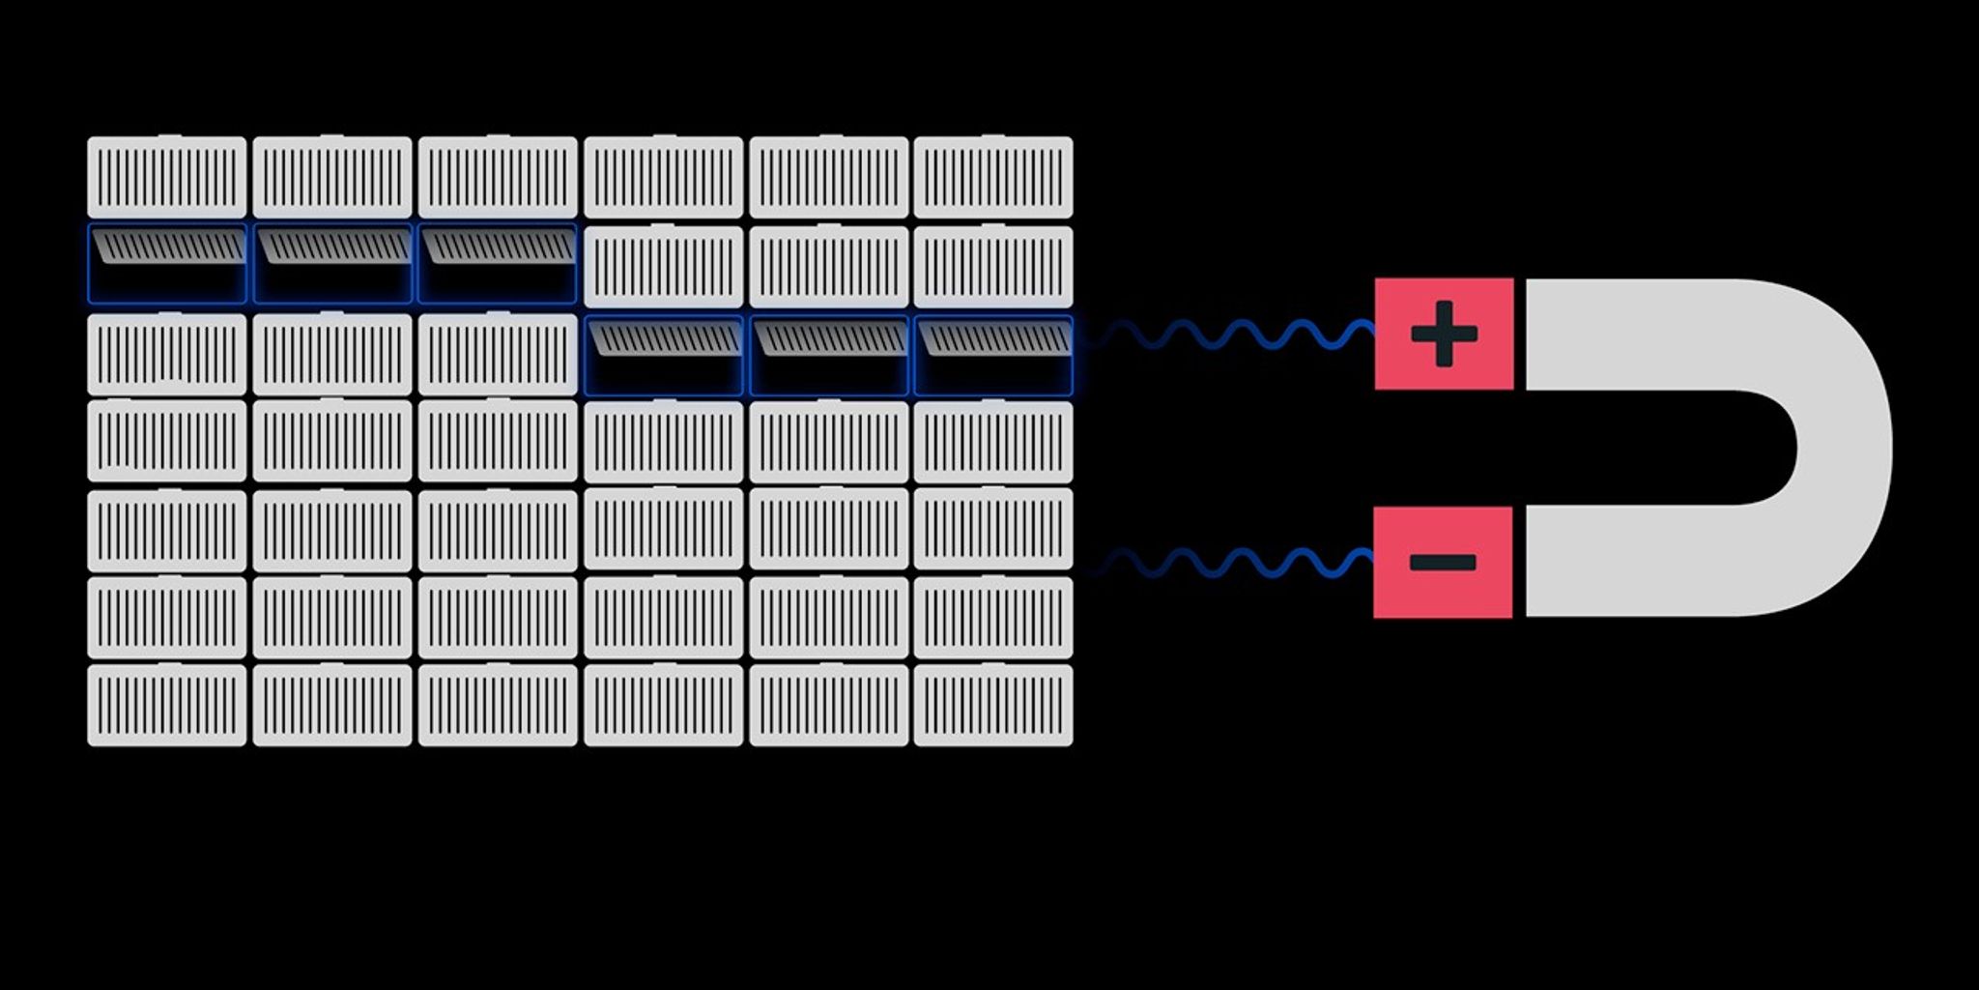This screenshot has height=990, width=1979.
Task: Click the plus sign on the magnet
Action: point(1444,335)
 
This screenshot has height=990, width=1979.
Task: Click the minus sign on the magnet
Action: point(1443,562)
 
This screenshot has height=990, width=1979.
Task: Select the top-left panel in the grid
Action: point(167,177)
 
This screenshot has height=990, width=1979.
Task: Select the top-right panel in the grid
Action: point(993,177)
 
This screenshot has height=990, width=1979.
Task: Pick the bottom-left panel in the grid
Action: point(167,705)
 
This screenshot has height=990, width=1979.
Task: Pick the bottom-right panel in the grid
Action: point(993,705)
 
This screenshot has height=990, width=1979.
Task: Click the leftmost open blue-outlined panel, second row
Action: point(167,264)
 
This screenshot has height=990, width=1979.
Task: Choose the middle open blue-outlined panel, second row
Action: point(332,264)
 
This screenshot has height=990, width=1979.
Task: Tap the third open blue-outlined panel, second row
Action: point(498,264)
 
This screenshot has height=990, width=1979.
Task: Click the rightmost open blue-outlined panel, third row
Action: point(993,356)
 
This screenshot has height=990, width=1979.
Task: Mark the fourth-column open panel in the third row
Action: point(663,356)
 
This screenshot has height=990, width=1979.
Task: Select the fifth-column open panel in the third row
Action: point(828,356)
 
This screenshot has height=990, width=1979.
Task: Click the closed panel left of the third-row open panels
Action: point(498,354)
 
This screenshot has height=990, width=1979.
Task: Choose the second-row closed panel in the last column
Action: point(993,267)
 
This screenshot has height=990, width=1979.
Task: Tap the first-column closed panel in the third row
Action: point(167,354)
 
